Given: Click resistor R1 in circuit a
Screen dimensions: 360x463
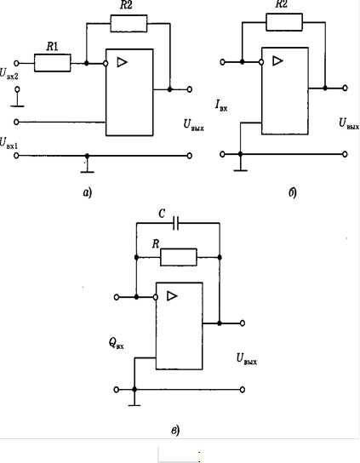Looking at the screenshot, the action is tap(52, 63).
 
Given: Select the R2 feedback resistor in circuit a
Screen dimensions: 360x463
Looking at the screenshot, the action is tap(129, 24).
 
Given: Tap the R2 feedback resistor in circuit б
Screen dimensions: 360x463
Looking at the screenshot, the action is tap(284, 22).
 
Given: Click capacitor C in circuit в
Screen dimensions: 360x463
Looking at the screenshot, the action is tap(176, 223).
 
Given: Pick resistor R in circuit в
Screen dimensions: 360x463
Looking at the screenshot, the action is tap(179, 258).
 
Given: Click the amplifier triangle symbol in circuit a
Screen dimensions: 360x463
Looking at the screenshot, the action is tap(122, 62).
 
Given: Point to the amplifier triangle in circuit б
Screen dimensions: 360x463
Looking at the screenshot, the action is tap(277, 60).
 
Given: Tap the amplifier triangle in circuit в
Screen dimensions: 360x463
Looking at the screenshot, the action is tap(172, 296).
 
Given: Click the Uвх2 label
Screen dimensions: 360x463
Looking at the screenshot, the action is tap(9, 73).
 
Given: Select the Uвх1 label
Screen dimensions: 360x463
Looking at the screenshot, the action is tap(9, 143).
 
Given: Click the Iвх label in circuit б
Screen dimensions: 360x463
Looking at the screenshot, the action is tap(221, 106).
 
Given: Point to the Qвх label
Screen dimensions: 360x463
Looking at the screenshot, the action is tap(116, 343).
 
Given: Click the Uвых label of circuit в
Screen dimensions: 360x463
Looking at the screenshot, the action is tap(247, 359).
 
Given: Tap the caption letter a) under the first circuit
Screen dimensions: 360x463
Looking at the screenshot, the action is tap(88, 193).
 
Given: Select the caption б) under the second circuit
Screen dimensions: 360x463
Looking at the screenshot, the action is tap(293, 192).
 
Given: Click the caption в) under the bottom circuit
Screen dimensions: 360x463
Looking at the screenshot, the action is tap(175, 430).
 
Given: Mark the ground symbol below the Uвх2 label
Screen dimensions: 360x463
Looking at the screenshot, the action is tap(17, 101).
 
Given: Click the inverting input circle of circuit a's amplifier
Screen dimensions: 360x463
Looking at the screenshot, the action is tap(106, 63).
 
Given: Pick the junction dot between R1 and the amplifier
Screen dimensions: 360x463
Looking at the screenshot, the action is tap(87, 63).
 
